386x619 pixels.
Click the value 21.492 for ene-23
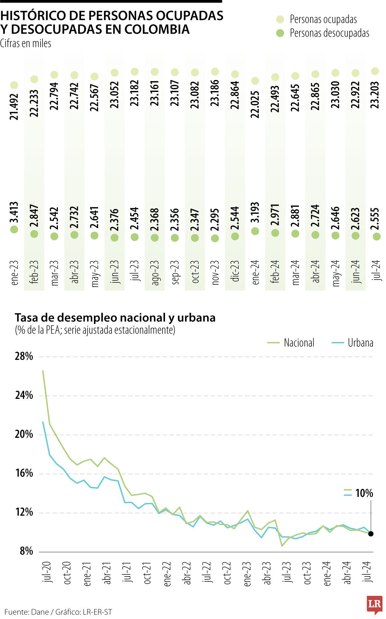14,106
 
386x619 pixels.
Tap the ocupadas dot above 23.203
375,71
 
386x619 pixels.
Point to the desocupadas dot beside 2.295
215,238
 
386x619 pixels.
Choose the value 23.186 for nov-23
215,93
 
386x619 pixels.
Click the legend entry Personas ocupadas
323,19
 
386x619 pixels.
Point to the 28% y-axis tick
24,356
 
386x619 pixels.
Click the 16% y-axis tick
24,473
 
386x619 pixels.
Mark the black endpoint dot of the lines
371,534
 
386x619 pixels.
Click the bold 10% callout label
364,493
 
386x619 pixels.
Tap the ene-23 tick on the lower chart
247,574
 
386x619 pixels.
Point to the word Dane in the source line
40,612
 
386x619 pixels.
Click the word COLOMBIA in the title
157,29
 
